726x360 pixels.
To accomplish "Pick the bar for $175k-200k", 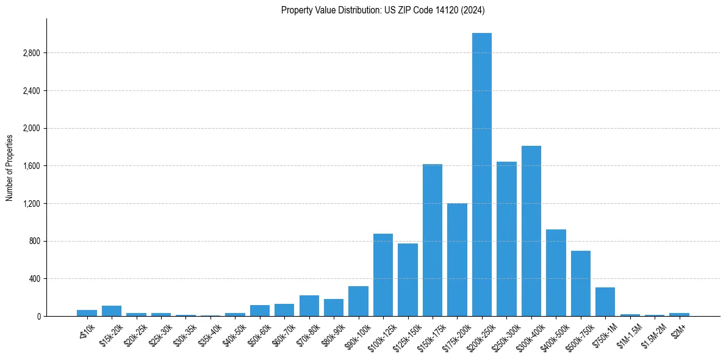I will pos(457,259).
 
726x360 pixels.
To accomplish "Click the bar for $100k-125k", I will pos(383,275).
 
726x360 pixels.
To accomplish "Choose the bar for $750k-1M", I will pos(605,301).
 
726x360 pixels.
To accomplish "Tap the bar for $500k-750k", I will pos(581,283).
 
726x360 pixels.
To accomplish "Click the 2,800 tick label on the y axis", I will pos(31,53).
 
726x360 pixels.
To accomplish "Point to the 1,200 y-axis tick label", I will pos(31,204).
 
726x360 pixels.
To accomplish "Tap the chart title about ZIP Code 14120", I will pos(383,10).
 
